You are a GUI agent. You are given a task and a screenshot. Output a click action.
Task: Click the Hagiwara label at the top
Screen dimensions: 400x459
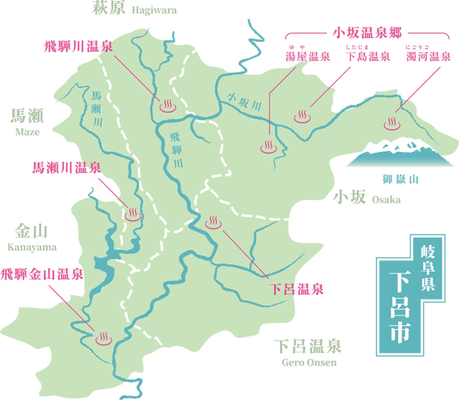coord(154,10)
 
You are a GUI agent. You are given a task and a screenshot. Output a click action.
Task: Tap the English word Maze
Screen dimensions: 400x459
coord(27,132)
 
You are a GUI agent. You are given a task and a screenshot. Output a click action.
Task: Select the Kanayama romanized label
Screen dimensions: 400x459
coord(32,247)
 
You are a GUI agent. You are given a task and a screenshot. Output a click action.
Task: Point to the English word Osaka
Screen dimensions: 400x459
coord(386,200)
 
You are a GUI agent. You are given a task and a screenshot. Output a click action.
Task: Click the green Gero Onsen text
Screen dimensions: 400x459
coord(309,363)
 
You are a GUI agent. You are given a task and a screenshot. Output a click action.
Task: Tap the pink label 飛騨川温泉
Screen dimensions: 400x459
coord(78,47)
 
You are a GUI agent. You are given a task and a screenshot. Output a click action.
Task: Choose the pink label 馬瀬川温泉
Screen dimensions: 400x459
coord(67,168)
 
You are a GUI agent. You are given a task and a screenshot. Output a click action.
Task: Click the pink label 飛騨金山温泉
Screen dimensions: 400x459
coord(42,274)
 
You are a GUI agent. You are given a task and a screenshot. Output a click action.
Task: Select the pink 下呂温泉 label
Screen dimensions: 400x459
coord(296,289)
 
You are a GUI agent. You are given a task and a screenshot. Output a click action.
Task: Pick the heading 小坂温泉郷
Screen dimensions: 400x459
coord(367,33)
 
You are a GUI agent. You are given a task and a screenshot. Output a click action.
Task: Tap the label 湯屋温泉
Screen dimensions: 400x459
coord(307,56)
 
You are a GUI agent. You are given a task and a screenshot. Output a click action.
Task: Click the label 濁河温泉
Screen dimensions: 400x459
coord(429,56)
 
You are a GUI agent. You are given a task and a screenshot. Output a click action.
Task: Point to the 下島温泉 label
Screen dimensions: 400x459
coord(368,56)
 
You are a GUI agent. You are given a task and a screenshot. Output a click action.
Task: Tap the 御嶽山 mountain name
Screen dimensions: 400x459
coord(400,179)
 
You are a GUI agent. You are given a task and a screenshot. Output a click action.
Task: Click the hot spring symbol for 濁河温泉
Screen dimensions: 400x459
coord(392,124)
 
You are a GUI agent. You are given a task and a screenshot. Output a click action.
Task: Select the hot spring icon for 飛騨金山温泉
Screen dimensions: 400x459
coord(104,338)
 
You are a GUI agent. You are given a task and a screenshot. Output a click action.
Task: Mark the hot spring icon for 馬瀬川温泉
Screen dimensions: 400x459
coord(133,214)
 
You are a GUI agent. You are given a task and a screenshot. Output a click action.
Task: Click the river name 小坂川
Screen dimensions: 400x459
coord(245,102)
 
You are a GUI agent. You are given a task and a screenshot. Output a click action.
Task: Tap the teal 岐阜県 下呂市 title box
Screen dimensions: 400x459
coord(410,295)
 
